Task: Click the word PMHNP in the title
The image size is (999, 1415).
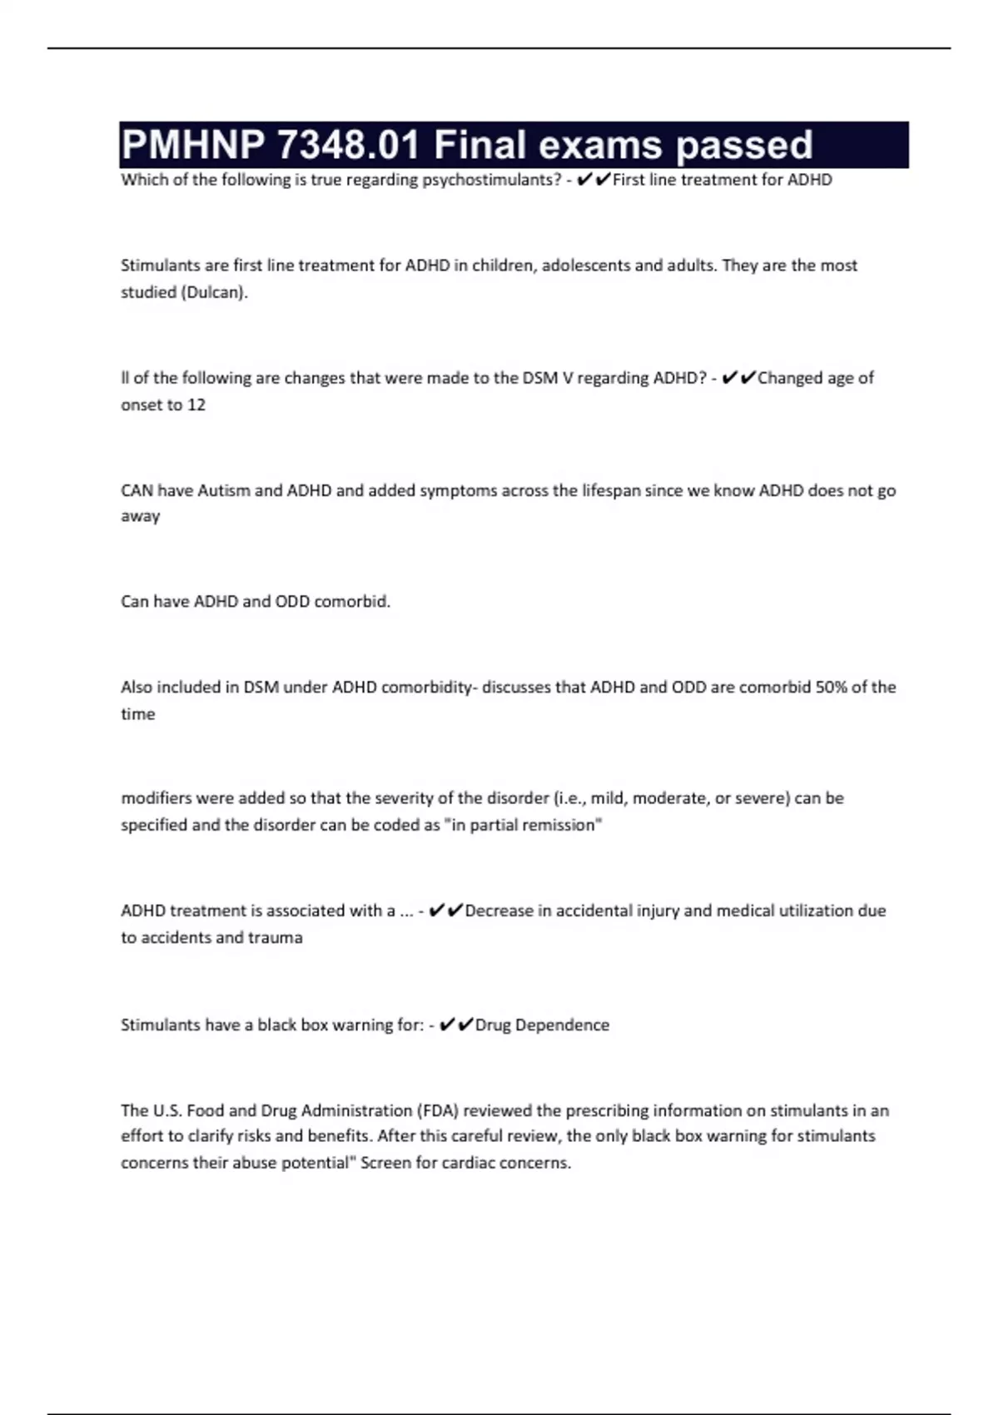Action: point(192,145)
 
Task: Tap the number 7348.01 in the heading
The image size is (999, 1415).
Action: point(348,145)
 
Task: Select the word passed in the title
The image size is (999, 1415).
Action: point(743,145)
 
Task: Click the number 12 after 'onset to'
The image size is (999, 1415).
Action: point(196,405)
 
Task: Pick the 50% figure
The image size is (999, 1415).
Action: point(832,688)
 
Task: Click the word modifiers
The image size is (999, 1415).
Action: point(155,798)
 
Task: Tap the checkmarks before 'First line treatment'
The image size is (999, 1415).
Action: point(594,180)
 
